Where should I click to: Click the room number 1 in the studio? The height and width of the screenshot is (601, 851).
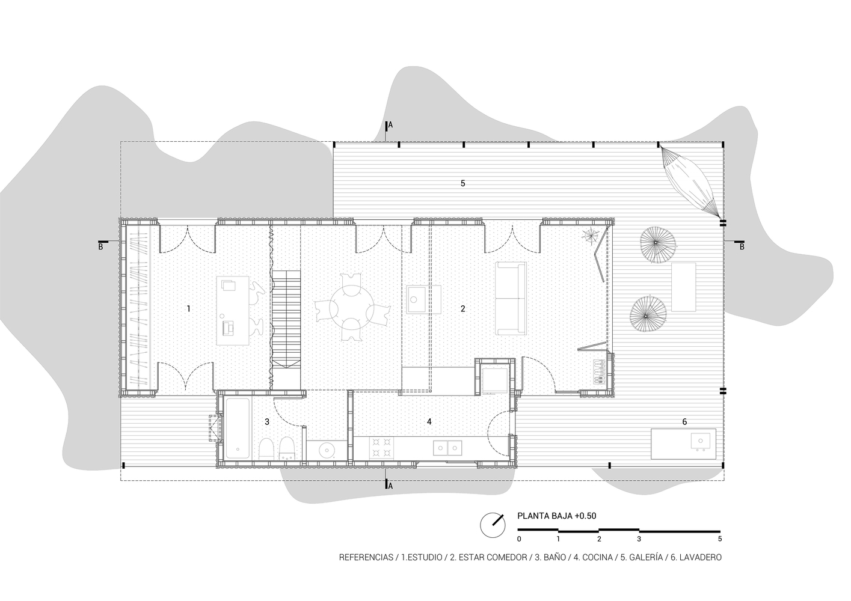tap(189, 309)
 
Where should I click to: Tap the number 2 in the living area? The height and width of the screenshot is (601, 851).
tap(462, 309)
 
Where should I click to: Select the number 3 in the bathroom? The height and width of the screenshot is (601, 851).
tap(267, 422)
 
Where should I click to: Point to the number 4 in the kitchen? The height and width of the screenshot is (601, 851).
tap(429, 421)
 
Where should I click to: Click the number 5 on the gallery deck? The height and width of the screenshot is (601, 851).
tap(462, 183)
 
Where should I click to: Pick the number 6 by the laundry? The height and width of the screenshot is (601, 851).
tap(684, 422)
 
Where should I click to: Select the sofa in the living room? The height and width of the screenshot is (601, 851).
tap(511, 299)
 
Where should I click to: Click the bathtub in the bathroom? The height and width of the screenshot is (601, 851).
tap(238, 429)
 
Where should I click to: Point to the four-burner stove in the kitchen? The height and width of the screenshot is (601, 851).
tap(381, 448)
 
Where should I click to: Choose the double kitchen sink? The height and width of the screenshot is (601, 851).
tap(447, 448)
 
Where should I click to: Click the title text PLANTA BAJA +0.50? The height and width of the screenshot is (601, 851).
tap(556, 516)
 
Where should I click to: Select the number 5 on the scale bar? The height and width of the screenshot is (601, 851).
tap(720, 538)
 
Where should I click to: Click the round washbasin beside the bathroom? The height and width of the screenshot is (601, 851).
tap(326, 451)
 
